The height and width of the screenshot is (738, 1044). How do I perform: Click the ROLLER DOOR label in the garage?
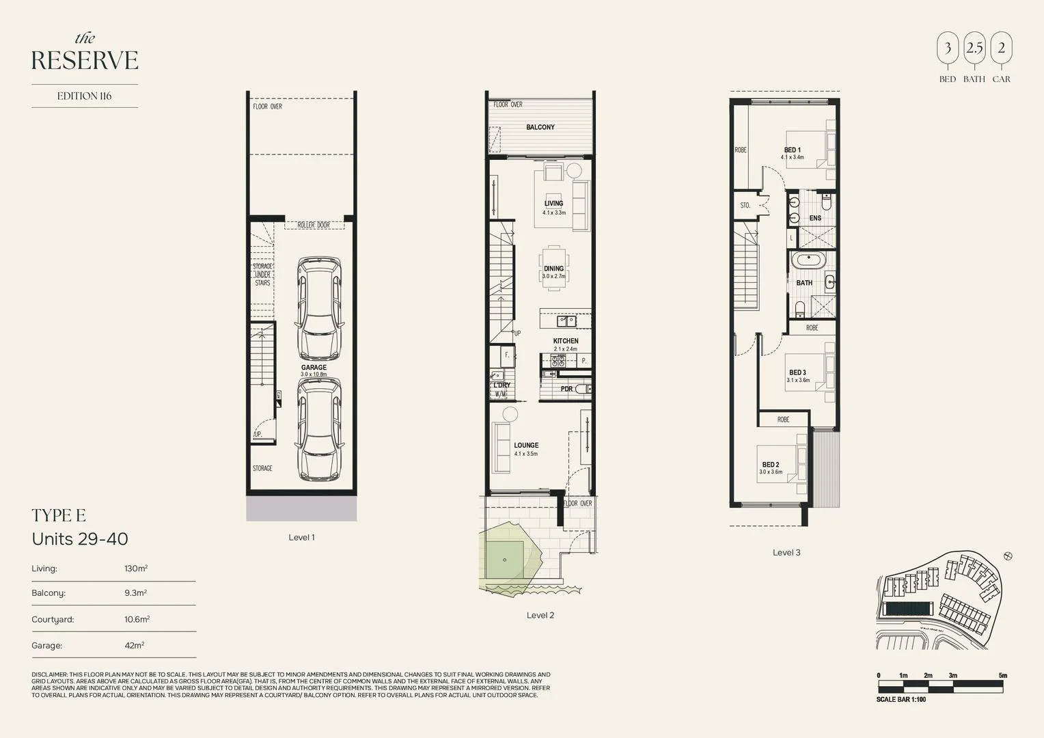tap(314, 225)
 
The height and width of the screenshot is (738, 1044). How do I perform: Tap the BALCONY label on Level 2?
tap(540, 128)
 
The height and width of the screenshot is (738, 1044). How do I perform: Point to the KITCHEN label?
tap(566, 341)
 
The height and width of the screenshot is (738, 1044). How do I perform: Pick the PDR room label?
tap(566, 389)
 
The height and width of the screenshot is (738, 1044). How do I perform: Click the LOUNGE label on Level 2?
tap(526, 446)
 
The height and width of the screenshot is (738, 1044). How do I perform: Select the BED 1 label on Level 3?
tap(792, 150)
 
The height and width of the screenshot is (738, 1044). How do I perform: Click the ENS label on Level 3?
tap(815, 219)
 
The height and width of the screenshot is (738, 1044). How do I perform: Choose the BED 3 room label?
tap(797, 373)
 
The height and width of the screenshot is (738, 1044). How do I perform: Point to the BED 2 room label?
tap(771, 465)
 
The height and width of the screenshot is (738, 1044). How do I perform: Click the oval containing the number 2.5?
tap(974, 49)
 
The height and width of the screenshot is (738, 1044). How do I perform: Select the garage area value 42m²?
tap(134, 645)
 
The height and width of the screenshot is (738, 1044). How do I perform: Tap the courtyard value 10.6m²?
tap(137, 619)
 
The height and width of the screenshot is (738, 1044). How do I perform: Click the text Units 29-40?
tap(80, 539)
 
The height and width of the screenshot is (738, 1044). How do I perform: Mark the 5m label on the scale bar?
tap(1002, 676)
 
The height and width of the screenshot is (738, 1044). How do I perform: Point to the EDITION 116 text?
tap(84, 96)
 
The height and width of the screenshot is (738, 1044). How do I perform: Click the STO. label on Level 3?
tap(745, 205)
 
